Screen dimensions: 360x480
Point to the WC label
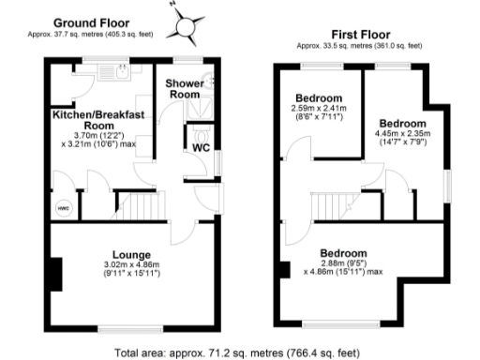click(x=201, y=147)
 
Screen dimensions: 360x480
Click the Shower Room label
click(x=186, y=89)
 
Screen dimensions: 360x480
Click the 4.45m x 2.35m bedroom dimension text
click(x=403, y=139)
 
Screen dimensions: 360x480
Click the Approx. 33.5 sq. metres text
click(x=359, y=44)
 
